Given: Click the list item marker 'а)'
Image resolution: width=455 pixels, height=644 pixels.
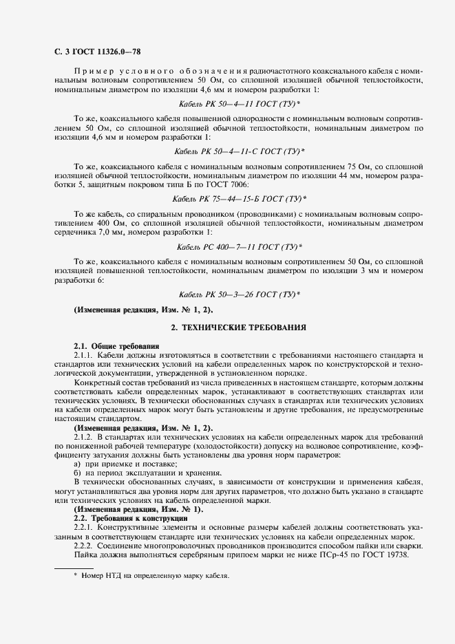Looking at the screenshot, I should click(77, 464).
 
